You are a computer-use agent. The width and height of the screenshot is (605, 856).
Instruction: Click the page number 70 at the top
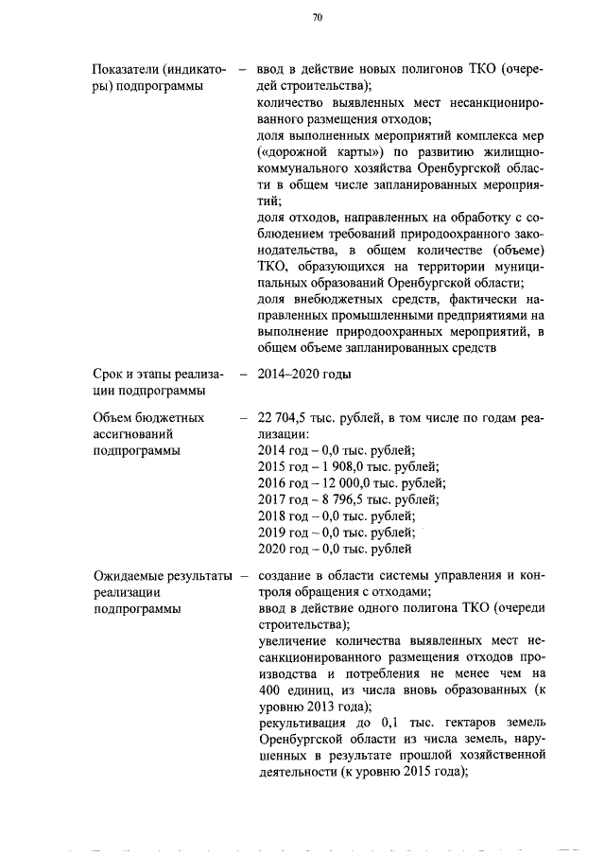[x=318, y=16]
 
